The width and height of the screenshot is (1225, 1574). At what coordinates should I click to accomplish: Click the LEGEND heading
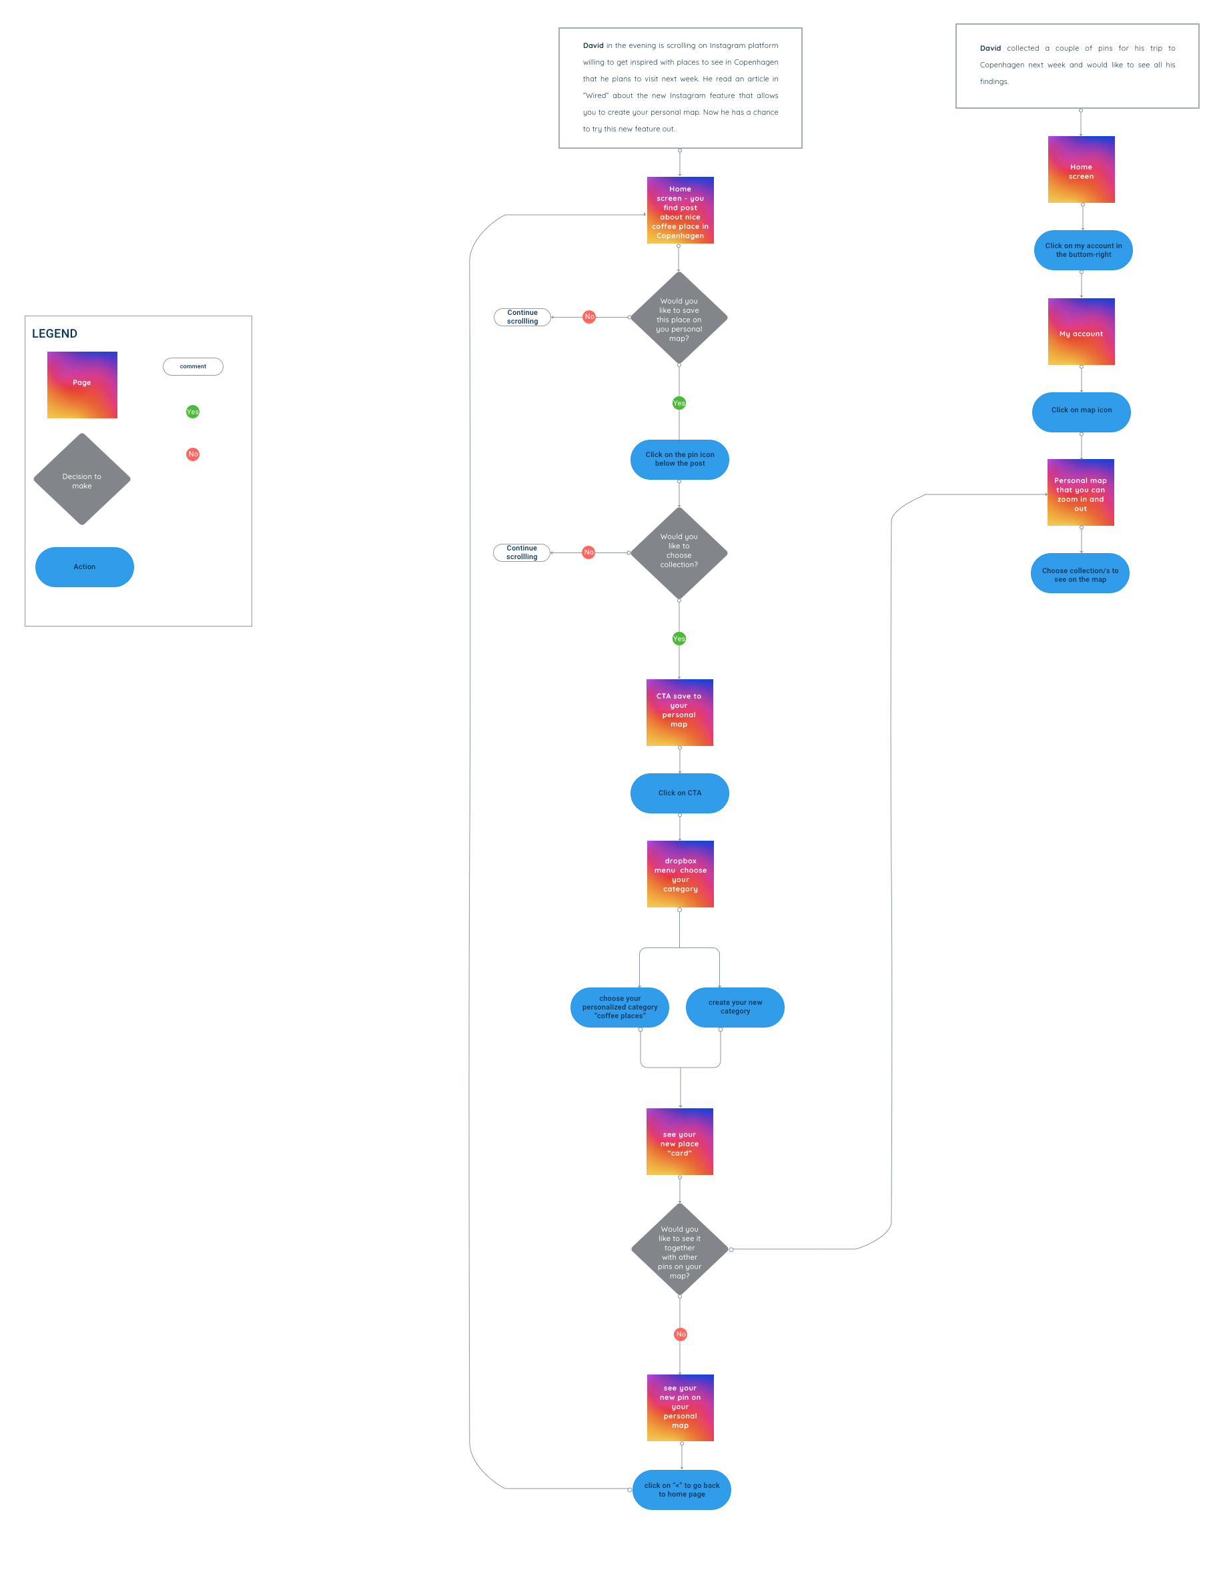pyautogui.click(x=55, y=334)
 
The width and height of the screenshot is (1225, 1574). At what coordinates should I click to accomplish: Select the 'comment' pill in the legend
pyautogui.click(x=193, y=367)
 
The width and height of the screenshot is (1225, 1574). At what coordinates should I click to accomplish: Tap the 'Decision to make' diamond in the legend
pyautogui.click(x=82, y=480)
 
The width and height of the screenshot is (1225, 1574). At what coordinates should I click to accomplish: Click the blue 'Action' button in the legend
pyautogui.click(x=84, y=567)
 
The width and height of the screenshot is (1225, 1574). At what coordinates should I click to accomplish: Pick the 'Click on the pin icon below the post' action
pyautogui.click(x=679, y=460)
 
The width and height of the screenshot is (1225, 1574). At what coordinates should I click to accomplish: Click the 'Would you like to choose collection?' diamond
pyautogui.click(x=679, y=552)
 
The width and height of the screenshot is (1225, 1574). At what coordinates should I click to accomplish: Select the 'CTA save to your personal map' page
pyautogui.click(x=679, y=712)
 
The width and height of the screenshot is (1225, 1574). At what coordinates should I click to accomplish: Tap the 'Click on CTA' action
pyautogui.click(x=679, y=793)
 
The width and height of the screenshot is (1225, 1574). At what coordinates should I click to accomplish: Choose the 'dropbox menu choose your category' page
pyautogui.click(x=681, y=874)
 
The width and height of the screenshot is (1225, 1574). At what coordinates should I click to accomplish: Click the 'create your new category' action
pyautogui.click(x=735, y=1008)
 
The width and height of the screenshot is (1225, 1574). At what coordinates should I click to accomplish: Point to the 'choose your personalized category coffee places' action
pyautogui.click(x=620, y=1008)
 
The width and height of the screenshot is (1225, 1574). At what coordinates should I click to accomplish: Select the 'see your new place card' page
pyautogui.click(x=679, y=1142)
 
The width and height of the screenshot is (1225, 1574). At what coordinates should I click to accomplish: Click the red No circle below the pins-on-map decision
pyautogui.click(x=681, y=1334)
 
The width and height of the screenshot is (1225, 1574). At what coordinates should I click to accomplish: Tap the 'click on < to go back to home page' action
pyautogui.click(x=682, y=1490)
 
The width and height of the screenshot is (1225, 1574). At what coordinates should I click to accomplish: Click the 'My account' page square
pyautogui.click(x=1081, y=332)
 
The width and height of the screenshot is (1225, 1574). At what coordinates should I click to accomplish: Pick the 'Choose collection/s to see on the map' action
pyautogui.click(x=1080, y=574)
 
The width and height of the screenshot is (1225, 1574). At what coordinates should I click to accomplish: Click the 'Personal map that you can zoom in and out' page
pyautogui.click(x=1080, y=493)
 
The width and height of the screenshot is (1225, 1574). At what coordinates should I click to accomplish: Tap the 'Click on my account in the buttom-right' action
pyautogui.click(x=1083, y=250)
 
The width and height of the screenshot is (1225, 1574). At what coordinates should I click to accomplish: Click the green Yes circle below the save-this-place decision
pyautogui.click(x=679, y=403)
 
